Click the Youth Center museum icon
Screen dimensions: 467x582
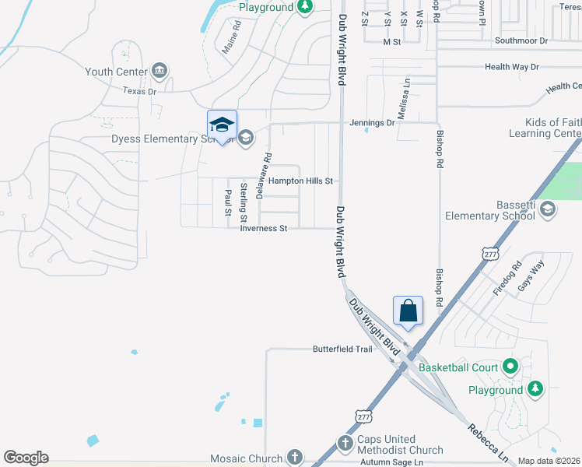coord(160,72)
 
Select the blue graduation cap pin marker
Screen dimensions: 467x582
coord(222,125)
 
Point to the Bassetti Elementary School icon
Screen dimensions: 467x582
coord(547,208)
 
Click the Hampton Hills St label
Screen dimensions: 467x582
coord(300,181)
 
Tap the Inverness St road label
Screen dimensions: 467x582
coord(265,228)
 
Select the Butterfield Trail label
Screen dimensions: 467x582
coord(343,349)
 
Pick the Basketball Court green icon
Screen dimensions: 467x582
coord(510,366)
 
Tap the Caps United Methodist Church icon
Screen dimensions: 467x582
coord(346,443)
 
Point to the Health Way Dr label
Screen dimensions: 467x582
coord(511,67)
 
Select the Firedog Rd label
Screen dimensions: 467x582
coord(504,283)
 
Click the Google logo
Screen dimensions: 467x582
coord(26,457)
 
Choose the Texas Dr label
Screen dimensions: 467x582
coord(140,91)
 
